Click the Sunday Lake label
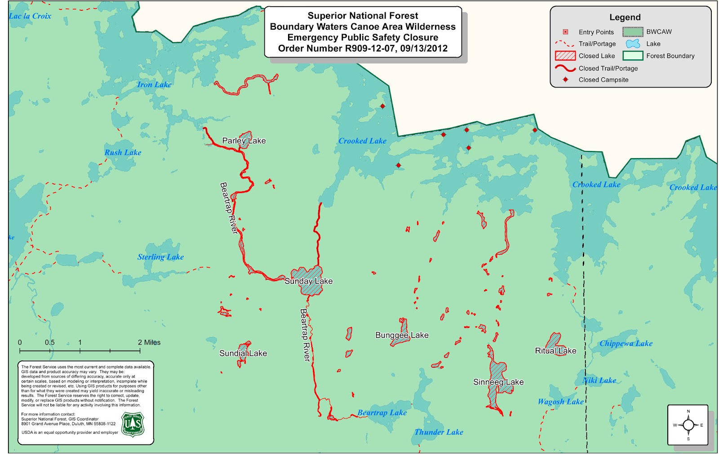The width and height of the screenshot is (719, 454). click(308, 281)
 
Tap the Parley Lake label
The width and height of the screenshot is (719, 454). click(244, 141)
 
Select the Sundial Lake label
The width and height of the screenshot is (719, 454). click(243, 353)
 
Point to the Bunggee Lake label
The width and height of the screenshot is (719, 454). click(402, 335)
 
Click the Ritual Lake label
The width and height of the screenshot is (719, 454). click(555, 351)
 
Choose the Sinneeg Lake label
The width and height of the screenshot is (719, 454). click(498, 382)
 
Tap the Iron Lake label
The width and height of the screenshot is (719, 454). click(154, 84)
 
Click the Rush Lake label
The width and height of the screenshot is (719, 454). click(123, 153)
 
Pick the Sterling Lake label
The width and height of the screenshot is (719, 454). click(160, 257)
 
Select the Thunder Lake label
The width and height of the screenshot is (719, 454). click(439, 432)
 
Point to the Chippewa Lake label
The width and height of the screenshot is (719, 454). click(626, 344)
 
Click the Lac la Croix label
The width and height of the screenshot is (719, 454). click(30, 16)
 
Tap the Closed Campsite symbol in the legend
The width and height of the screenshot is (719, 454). click(565, 79)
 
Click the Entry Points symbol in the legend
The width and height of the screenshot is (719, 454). click(565, 32)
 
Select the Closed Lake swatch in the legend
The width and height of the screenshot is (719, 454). click(565, 56)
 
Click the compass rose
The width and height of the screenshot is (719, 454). click(688, 425)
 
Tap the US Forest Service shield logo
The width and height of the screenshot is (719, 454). click(133, 424)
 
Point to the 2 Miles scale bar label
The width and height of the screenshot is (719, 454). click(149, 342)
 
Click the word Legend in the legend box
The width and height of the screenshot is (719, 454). click(625, 18)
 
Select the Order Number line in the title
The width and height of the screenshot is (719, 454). click(363, 48)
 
